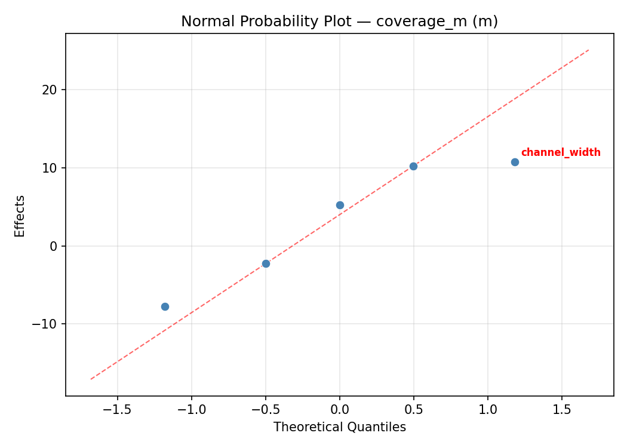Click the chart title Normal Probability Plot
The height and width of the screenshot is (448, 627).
[x=339, y=22]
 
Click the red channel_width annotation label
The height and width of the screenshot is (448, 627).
[x=561, y=152]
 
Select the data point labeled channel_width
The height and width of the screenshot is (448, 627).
[x=515, y=162]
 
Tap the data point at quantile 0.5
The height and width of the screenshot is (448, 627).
[x=413, y=166]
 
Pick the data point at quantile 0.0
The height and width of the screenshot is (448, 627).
[x=340, y=205]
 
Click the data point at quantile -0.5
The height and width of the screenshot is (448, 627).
[x=266, y=263]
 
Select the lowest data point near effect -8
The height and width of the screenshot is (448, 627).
[x=165, y=306]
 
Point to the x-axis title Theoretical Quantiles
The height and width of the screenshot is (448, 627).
[x=339, y=427]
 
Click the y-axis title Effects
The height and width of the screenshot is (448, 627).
[x=20, y=216]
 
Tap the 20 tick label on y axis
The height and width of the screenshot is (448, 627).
[x=51, y=90]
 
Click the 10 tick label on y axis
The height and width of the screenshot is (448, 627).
[x=51, y=168]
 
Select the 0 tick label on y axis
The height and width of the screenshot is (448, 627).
[x=54, y=246]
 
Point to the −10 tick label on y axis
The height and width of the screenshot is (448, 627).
[x=47, y=324]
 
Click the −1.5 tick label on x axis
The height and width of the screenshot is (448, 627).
[x=117, y=410]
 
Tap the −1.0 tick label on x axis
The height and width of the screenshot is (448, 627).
[x=191, y=410]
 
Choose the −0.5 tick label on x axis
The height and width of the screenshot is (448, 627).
[x=265, y=410]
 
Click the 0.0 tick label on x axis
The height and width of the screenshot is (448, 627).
[x=340, y=410]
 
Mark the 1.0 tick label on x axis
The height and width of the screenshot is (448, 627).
[x=488, y=410]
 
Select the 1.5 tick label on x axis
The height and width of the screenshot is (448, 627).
[x=562, y=410]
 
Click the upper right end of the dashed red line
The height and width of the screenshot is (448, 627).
[x=588, y=50]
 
